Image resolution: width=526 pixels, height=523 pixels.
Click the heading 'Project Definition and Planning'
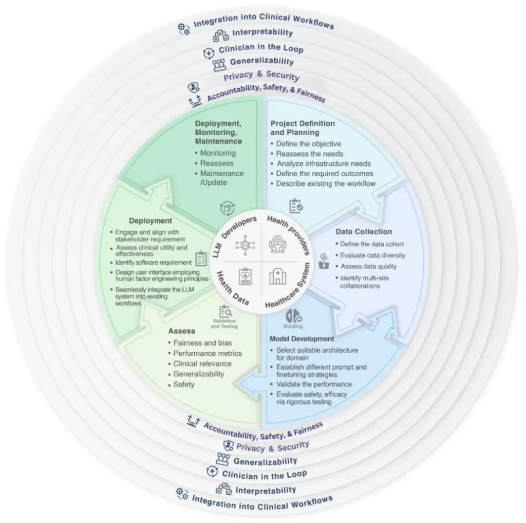click(x=302, y=128)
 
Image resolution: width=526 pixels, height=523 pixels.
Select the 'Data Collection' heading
click(x=364, y=232)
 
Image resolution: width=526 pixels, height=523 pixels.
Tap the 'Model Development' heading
click(x=301, y=339)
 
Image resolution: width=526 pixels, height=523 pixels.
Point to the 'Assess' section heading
click(x=182, y=331)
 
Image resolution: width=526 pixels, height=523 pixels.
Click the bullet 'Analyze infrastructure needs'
click(x=323, y=163)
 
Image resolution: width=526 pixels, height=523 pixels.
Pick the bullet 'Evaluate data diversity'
click(x=373, y=255)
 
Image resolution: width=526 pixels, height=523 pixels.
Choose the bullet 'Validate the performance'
click(x=314, y=384)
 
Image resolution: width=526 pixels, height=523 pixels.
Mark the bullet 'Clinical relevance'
click(x=202, y=363)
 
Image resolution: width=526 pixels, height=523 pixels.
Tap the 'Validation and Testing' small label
click(x=225, y=324)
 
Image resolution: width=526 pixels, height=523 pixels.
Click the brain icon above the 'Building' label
click(x=293, y=315)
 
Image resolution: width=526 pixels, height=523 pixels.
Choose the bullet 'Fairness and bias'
click(x=203, y=343)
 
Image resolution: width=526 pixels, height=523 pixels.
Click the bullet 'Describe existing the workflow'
click(x=326, y=184)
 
